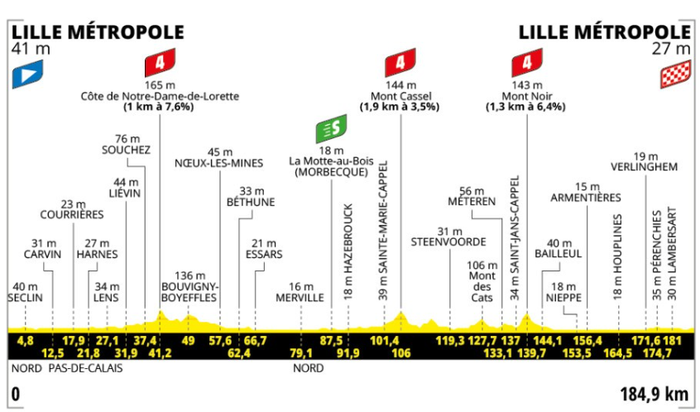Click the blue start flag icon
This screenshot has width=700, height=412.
(27, 74)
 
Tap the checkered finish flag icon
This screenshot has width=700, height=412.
(675, 74)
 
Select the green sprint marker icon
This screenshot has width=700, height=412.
(331, 128)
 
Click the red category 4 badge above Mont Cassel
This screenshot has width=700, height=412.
(400, 63)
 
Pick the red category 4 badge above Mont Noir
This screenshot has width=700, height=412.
(527, 63)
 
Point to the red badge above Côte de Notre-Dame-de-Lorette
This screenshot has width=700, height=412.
(160, 63)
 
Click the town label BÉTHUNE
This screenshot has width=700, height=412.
(251, 202)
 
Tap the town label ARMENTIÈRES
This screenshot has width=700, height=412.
(586, 197)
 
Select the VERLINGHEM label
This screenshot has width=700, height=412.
(645, 167)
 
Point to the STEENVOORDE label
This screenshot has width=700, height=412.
(448, 242)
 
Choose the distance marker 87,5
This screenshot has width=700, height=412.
(331, 341)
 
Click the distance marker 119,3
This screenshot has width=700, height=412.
(450, 341)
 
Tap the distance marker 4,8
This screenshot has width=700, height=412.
(25, 341)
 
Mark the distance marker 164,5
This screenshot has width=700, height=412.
(618, 353)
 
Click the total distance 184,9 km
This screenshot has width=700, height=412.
(654, 395)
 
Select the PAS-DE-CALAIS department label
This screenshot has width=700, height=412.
(85, 368)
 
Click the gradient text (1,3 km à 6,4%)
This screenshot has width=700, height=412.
(526, 107)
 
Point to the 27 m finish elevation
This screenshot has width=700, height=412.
(671, 48)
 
